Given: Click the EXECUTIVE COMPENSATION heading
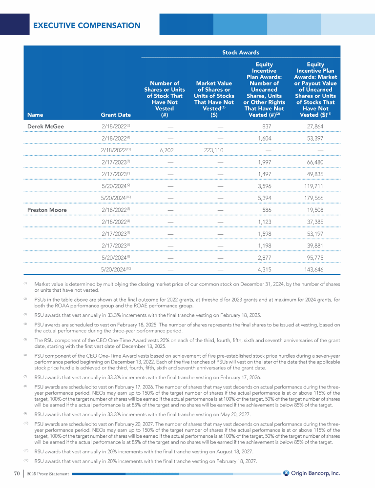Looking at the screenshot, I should tap(86, 25).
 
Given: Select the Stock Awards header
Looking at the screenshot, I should tap(241, 52).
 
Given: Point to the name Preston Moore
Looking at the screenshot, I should tap(47, 210).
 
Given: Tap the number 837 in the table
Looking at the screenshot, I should tap(267, 126).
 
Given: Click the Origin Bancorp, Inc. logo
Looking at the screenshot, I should tap(312, 473).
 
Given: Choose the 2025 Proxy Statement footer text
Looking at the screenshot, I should tap(48, 473).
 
